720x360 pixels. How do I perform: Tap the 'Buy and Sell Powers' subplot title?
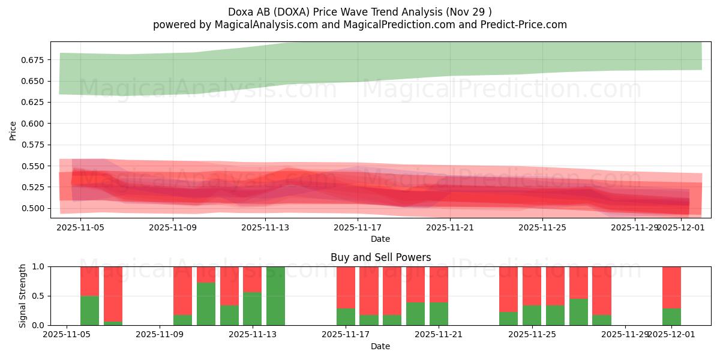(380, 257)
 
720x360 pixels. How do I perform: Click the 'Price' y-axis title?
(13, 130)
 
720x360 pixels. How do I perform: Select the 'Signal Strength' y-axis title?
(23, 296)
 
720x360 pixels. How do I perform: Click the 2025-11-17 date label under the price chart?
(358, 227)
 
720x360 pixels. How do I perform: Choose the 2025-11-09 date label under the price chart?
(173, 227)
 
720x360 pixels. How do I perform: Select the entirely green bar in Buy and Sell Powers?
(275, 296)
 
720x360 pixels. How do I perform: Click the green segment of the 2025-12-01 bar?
(671, 317)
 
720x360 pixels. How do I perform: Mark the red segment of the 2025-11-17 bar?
(346, 287)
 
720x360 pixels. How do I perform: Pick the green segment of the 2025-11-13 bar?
(253, 308)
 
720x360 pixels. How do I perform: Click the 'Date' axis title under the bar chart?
(380, 346)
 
